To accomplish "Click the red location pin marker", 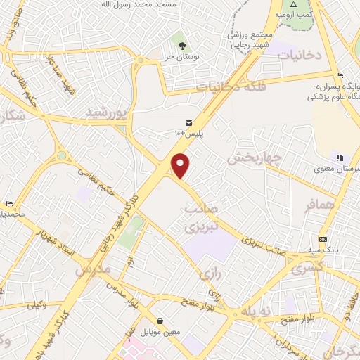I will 181,165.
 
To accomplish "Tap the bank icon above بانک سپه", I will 323,239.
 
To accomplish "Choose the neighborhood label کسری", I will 307,268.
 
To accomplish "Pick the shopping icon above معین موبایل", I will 161,321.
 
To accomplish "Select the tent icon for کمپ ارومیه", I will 294,4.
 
